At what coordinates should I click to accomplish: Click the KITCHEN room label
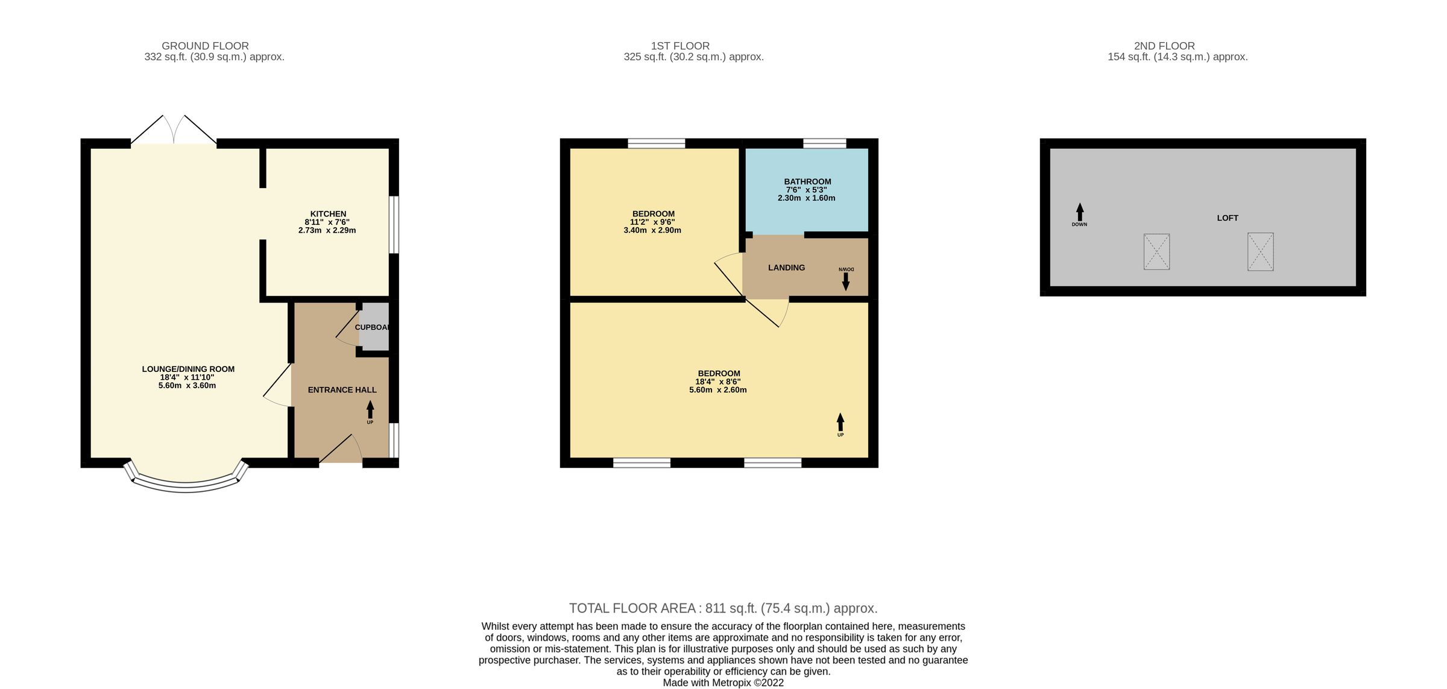point(328,214)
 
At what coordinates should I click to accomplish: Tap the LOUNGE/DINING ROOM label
point(188,369)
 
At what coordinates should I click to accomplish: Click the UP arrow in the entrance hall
point(370,411)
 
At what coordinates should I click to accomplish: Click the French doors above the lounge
point(174,131)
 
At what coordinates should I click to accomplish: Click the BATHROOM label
point(807,181)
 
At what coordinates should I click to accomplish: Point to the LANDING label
point(786,268)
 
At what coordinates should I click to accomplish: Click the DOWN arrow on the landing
point(845,280)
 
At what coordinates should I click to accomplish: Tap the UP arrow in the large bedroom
point(840,422)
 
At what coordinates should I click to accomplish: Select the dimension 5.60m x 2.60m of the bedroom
point(717,390)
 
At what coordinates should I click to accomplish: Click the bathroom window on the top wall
point(824,143)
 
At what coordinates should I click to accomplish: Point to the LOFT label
point(1227,218)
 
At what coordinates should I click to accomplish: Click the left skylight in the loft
point(1156,251)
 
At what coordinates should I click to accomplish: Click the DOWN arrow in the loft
point(1079,212)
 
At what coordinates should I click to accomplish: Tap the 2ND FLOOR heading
point(1164,46)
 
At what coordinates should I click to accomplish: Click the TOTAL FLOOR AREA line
point(723,608)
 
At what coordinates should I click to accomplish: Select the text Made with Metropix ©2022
point(723,683)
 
